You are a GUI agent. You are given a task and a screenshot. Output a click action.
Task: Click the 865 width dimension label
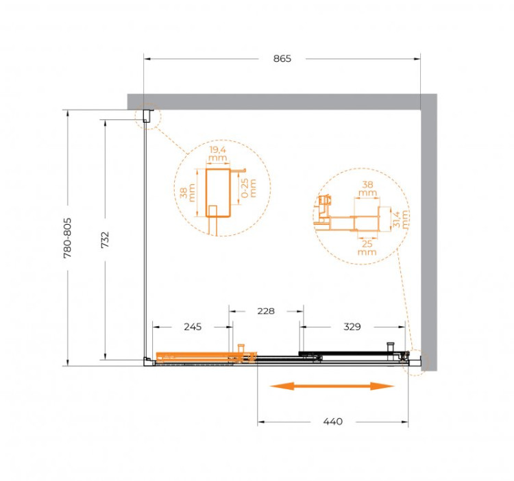tap(281, 59)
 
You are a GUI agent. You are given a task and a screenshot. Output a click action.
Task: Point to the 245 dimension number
tap(193, 327)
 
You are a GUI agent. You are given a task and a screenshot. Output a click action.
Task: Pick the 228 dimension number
tap(265, 311)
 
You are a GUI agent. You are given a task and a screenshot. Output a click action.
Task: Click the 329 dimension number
tap(351, 327)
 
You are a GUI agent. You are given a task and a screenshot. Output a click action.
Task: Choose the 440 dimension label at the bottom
tap(332, 421)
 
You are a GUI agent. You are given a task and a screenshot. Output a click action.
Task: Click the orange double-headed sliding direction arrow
tap(332, 386)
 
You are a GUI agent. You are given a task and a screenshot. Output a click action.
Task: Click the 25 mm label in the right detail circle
tap(367, 247)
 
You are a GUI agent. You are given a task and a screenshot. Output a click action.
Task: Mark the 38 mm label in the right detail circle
tap(367, 189)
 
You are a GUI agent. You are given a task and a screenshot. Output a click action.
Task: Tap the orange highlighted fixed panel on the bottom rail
tap(195, 356)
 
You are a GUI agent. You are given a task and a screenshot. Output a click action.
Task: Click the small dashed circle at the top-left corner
tap(146, 119)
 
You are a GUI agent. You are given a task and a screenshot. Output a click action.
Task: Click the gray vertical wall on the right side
tap(428, 226)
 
